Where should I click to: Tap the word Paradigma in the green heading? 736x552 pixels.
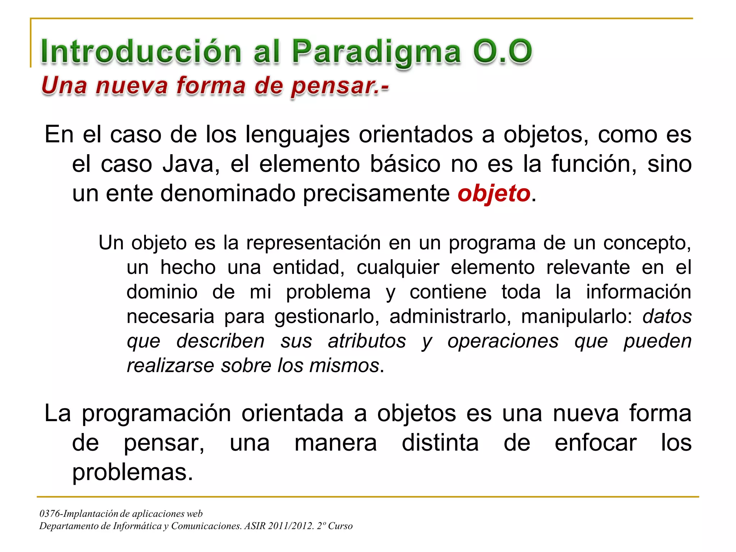coord(376,52)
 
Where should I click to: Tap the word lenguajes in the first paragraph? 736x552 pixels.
coord(298,135)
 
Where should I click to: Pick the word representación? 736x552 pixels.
coord(313,243)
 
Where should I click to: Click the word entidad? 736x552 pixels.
coord(308,267)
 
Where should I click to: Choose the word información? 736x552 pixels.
coord(639,292)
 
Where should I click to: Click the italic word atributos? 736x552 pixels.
coord(367,341)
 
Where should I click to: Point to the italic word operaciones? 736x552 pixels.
coord(503,341)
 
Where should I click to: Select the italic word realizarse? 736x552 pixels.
coord(171,365)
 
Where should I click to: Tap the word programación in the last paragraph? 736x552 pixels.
coord(156,413)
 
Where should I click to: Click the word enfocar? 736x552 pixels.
coord(595,443)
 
